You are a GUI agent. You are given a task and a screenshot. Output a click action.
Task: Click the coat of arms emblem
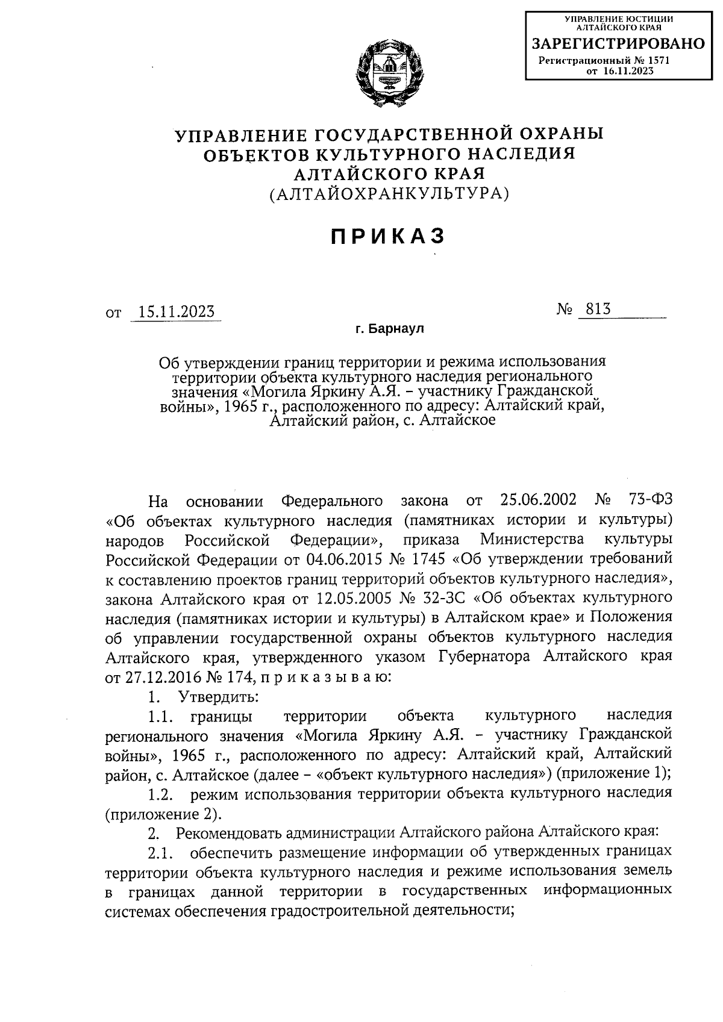pyautogui.click(x=389, y=73)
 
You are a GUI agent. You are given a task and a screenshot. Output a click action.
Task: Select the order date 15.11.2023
pyautogui.click(x=176, y=311)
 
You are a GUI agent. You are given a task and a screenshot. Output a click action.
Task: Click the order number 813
pyautogui.click(x=594, y=309)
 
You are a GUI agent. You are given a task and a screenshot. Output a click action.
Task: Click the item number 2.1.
pyautogui.click(x=161, y=853)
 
